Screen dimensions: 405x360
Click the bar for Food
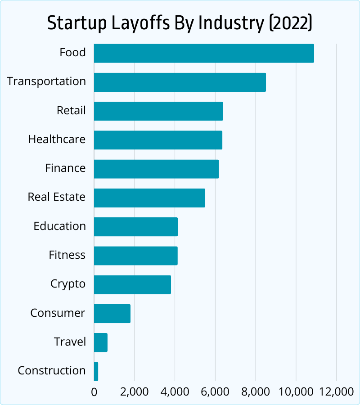(204, 53)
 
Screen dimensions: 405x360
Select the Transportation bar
(180, 82)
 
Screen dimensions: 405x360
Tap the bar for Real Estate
(149, 198)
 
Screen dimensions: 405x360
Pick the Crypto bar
(132, 284)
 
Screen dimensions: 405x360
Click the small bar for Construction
(96, 371)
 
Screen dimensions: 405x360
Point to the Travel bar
(101, 342)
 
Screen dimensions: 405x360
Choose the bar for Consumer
(112, 314)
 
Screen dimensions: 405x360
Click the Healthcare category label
(57, 139)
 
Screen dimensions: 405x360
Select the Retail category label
(71, 111)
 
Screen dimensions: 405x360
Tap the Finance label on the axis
(65, 168)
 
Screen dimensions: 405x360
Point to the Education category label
(59, 226)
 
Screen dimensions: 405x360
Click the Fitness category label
(67, 255)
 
